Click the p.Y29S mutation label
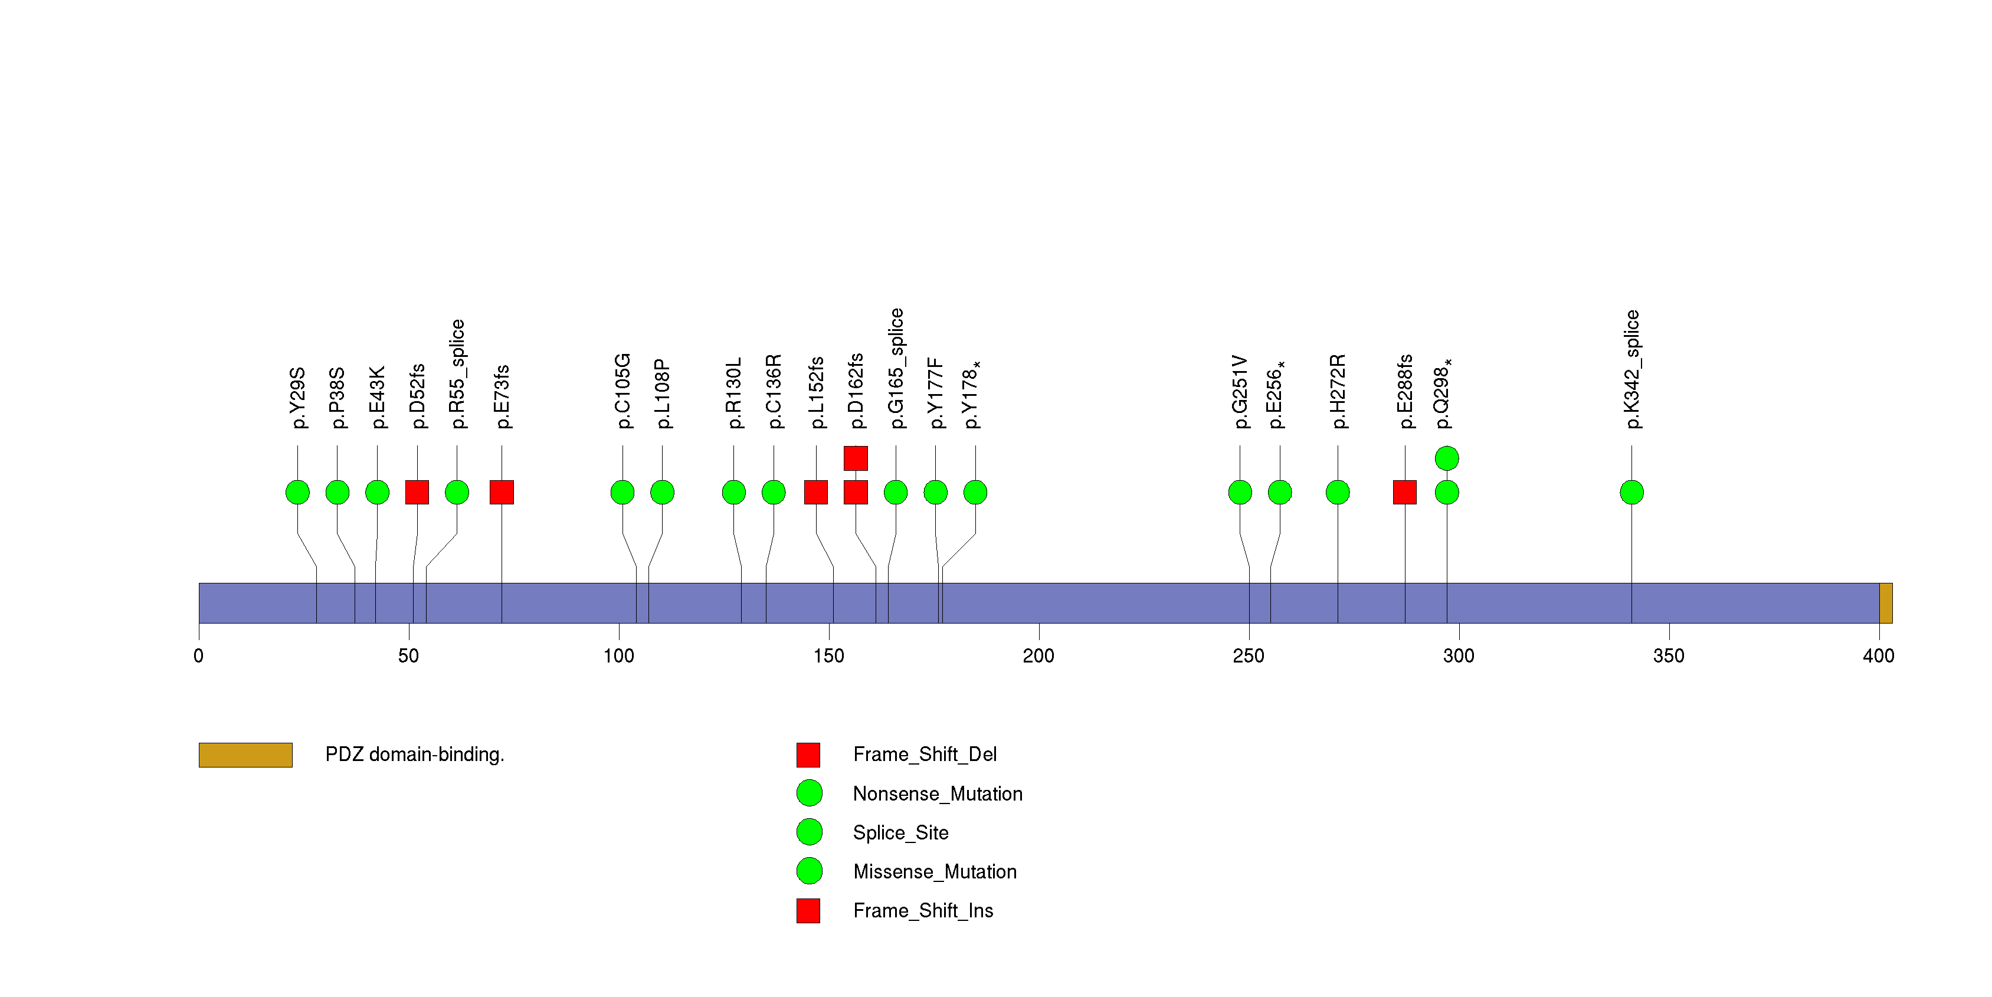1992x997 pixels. tap(298, 398)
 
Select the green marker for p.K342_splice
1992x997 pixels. tap(1631, 493)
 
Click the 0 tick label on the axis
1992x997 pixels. tap(199, 655)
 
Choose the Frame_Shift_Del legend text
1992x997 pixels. tap(924, 755)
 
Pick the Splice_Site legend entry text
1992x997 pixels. tap(900, 832)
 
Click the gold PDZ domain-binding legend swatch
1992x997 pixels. tap(245, 755)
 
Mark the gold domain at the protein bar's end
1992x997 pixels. tap(1885, 603)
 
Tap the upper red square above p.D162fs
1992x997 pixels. tap(855, 458)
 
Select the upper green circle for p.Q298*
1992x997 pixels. tap(1446, 458)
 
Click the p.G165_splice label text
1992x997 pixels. tap(896, 369)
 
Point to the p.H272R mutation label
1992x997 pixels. tap(1338, 392)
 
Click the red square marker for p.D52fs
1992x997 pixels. tap(417, 493)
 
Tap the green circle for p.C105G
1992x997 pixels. tap(622, 493)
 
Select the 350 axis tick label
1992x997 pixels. tap(1668, 655)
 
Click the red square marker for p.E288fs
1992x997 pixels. tap(1404, 493)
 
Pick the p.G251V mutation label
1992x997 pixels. tap(1240, 392)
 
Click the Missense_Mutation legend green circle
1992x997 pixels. tap(809, 871)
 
